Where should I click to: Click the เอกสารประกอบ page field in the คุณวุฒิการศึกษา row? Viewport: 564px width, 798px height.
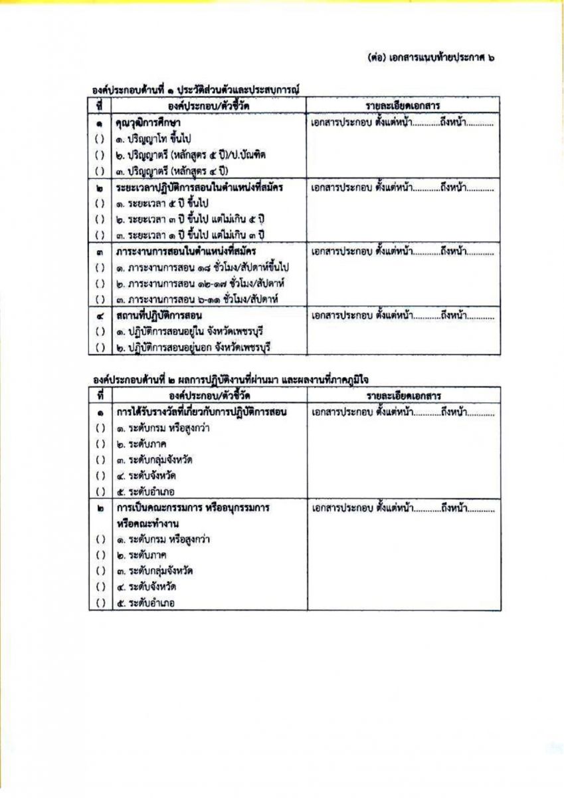pos(402,123)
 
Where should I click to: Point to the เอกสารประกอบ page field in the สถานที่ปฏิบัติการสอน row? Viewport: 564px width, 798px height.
pos(402,315)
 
